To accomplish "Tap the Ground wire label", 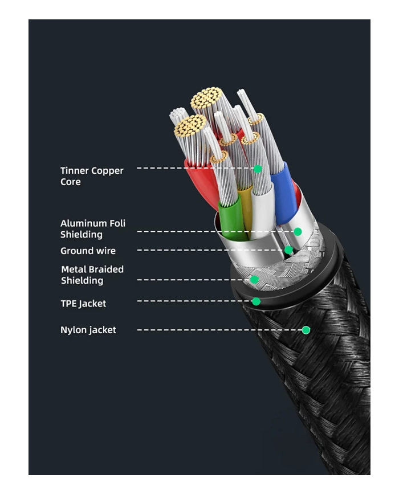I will (x=88, y=251).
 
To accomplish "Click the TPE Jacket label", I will (x=83, y=304).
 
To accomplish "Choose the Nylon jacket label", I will (x=88, y=330).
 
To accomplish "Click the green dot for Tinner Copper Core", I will (x=258, y=169).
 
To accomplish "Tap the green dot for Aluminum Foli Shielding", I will (x=298, y=231).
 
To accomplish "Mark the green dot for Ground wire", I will (x=288, y=249).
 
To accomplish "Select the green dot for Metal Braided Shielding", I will (x=254, y=280).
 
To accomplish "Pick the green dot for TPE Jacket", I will (x=256, y=301).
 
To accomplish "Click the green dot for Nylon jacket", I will (x=306, y=330).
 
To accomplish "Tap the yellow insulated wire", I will (x=246, y=208).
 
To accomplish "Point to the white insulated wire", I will (x=262, y=214).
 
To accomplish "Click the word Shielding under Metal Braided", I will (x=82, y=280).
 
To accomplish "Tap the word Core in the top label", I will (x=70, y=182).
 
